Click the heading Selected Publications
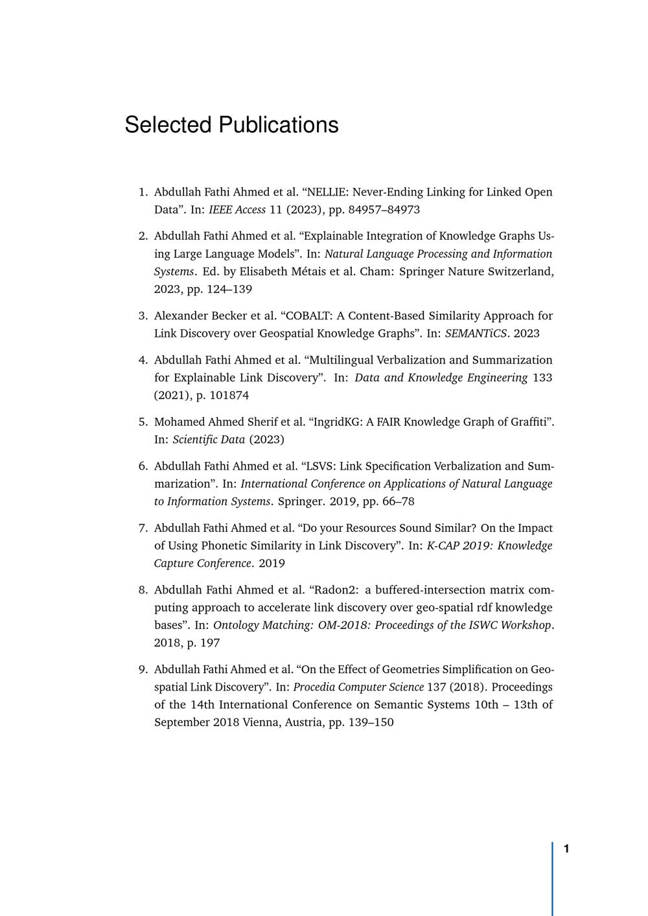231,125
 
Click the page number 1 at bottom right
566,849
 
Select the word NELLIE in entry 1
327,192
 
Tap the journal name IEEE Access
237,210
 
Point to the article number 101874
229,395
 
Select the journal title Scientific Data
209,440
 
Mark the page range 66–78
397,501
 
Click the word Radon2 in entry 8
336,590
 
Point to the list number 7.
144,529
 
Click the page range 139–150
371,722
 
